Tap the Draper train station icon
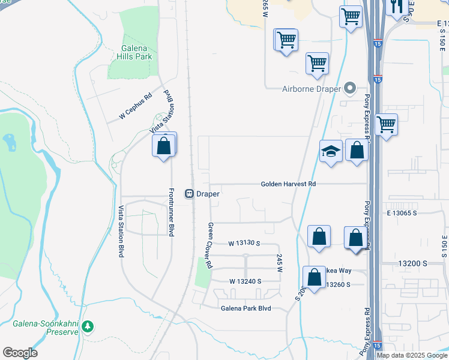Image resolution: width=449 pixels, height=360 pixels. [x=188, y=194]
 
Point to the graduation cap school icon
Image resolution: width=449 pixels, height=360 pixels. [x=331, y=151]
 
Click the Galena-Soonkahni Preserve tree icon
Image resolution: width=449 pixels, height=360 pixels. [x=88, y=326]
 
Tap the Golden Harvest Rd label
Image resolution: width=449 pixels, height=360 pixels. [x=288, y=184]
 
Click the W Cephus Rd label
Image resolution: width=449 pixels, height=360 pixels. [x=136, y=106]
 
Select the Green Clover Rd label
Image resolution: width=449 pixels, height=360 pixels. [x=210, y=245]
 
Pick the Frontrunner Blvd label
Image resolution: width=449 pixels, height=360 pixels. [x=172, y=212]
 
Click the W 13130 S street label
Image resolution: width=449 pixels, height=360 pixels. [x=244, y=243]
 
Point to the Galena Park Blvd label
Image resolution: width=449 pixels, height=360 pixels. [x=246, y=308]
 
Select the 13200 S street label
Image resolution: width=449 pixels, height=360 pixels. [x=412, y=263]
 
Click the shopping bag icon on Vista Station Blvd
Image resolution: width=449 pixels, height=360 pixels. [x=164, y=145]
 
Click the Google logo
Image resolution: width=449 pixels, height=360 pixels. [x=20, y=353]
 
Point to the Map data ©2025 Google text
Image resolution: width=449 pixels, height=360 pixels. [x=412, y=355]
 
